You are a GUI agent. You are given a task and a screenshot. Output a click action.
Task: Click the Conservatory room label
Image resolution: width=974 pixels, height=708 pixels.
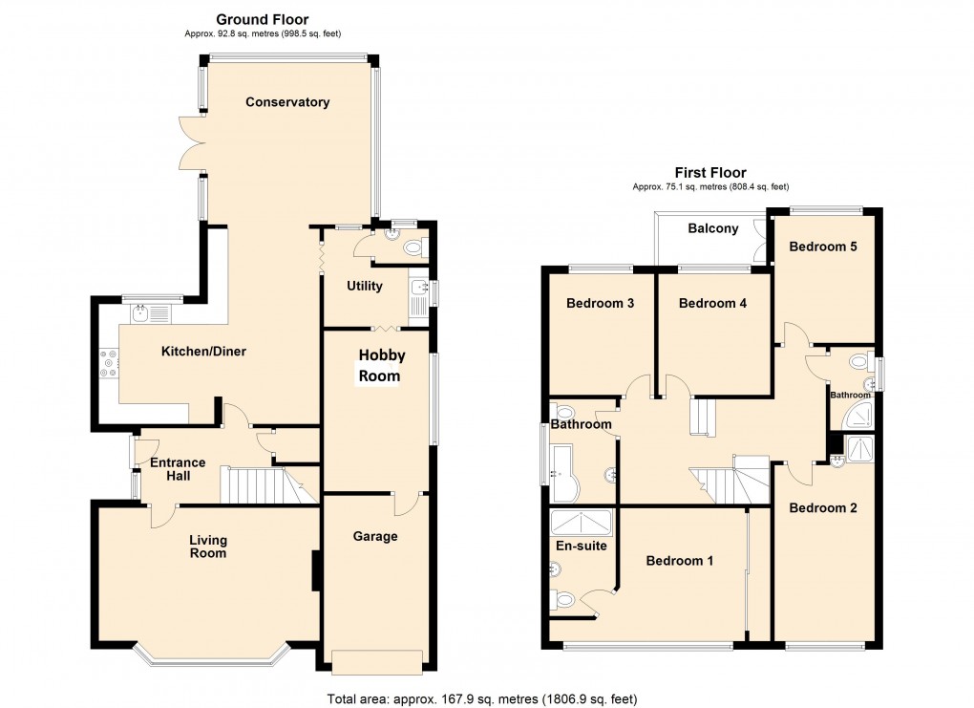pyautogui.click(x=286, y=102)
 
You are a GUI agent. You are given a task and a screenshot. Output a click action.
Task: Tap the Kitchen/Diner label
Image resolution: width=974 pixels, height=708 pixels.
pyautogui.click(x=203, y=352)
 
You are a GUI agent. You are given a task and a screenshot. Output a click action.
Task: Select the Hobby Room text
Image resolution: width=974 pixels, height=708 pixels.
pyautogui.click(x=382, y=366)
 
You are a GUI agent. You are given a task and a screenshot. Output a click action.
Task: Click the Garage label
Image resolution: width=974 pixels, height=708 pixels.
pyautogui.click(x=375, y=536)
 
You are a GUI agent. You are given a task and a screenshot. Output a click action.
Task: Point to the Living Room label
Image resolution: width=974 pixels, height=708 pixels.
pyautogui.click(x=208, y=547)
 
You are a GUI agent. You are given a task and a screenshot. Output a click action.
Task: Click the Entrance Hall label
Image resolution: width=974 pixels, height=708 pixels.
pyautogui.click(x=178, y=469)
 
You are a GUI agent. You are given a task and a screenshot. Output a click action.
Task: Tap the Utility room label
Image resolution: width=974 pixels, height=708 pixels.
pyautogui.click(x=365, y=286)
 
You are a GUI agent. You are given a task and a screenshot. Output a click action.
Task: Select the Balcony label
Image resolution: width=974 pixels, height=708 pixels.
pyautogui.click(x=712, y=228)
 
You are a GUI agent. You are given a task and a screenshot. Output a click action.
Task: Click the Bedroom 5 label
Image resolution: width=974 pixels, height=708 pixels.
pyautogui.click(x=822, y=247)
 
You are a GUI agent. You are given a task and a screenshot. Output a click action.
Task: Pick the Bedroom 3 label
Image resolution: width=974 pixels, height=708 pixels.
pyautogui.click(x=601, y=304)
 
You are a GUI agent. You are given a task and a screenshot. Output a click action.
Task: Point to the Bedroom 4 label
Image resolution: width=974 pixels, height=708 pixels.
pyautogui.click(x=711, y=304)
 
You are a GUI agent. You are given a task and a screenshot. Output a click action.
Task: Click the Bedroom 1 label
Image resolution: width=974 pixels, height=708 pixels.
pyautogui.click(x=680, y=561)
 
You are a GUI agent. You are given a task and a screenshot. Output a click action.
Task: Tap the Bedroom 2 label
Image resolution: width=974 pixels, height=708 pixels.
pyautogui.click(x=822, y=508)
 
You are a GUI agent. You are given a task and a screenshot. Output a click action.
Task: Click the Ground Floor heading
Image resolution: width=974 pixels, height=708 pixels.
pyautogui.click(x=262, y=19)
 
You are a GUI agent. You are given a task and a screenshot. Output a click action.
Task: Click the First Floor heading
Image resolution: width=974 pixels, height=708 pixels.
pyautogui.click(x=709, y=172)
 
